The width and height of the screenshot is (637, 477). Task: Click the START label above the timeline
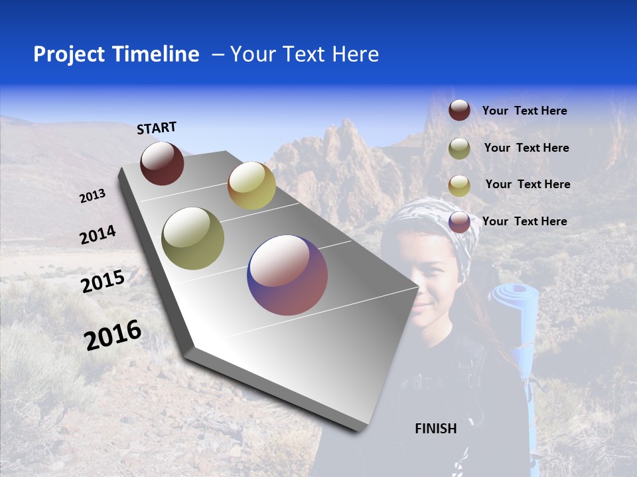tap(157, 128)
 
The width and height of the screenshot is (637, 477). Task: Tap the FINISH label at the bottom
tap(435, 429)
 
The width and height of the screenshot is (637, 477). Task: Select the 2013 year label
tap(92, 196)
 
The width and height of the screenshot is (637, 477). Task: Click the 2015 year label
tap(103, 282)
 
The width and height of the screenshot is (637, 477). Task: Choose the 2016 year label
tap(113, 335)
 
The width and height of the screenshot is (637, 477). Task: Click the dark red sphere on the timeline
tap(162, 163)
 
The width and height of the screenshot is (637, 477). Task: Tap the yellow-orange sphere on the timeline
tap(251, 185)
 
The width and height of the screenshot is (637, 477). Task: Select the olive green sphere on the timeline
tap(193, 238)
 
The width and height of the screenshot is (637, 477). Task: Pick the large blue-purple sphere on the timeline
tap(287, 275)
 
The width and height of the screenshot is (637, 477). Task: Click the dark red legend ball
tap(459, 110)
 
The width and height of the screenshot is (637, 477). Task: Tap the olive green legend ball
tap(459, 148)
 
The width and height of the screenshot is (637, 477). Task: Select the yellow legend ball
tap(459, 185)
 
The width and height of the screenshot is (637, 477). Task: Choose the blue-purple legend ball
tap(459, 222)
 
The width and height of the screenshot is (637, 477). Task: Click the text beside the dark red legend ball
tap(524, 111)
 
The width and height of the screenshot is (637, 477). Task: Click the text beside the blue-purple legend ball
tap(524, 221)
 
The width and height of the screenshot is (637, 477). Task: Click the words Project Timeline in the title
tap(116, 54)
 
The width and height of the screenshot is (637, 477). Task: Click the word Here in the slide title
tap(355, 54)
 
